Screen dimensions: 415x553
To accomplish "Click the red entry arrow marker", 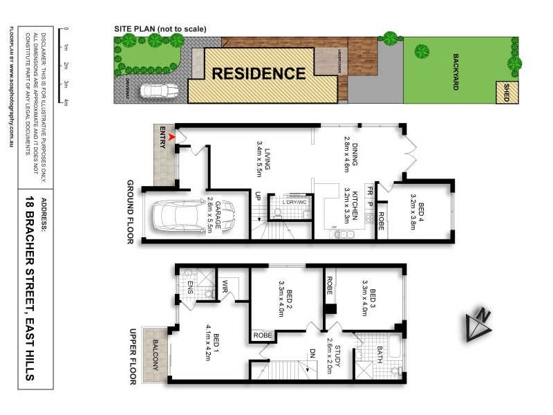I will click(x=171, y=138).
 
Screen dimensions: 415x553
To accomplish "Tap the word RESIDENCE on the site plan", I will click(x=258, y=73).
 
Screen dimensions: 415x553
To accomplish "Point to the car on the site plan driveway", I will click(x=159, y=91).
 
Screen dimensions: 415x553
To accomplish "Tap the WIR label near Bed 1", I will click(x=225, y=286).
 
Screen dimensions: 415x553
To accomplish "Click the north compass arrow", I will click(x=478, y=324).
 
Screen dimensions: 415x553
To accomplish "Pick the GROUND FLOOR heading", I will click(x=130, y=212).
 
